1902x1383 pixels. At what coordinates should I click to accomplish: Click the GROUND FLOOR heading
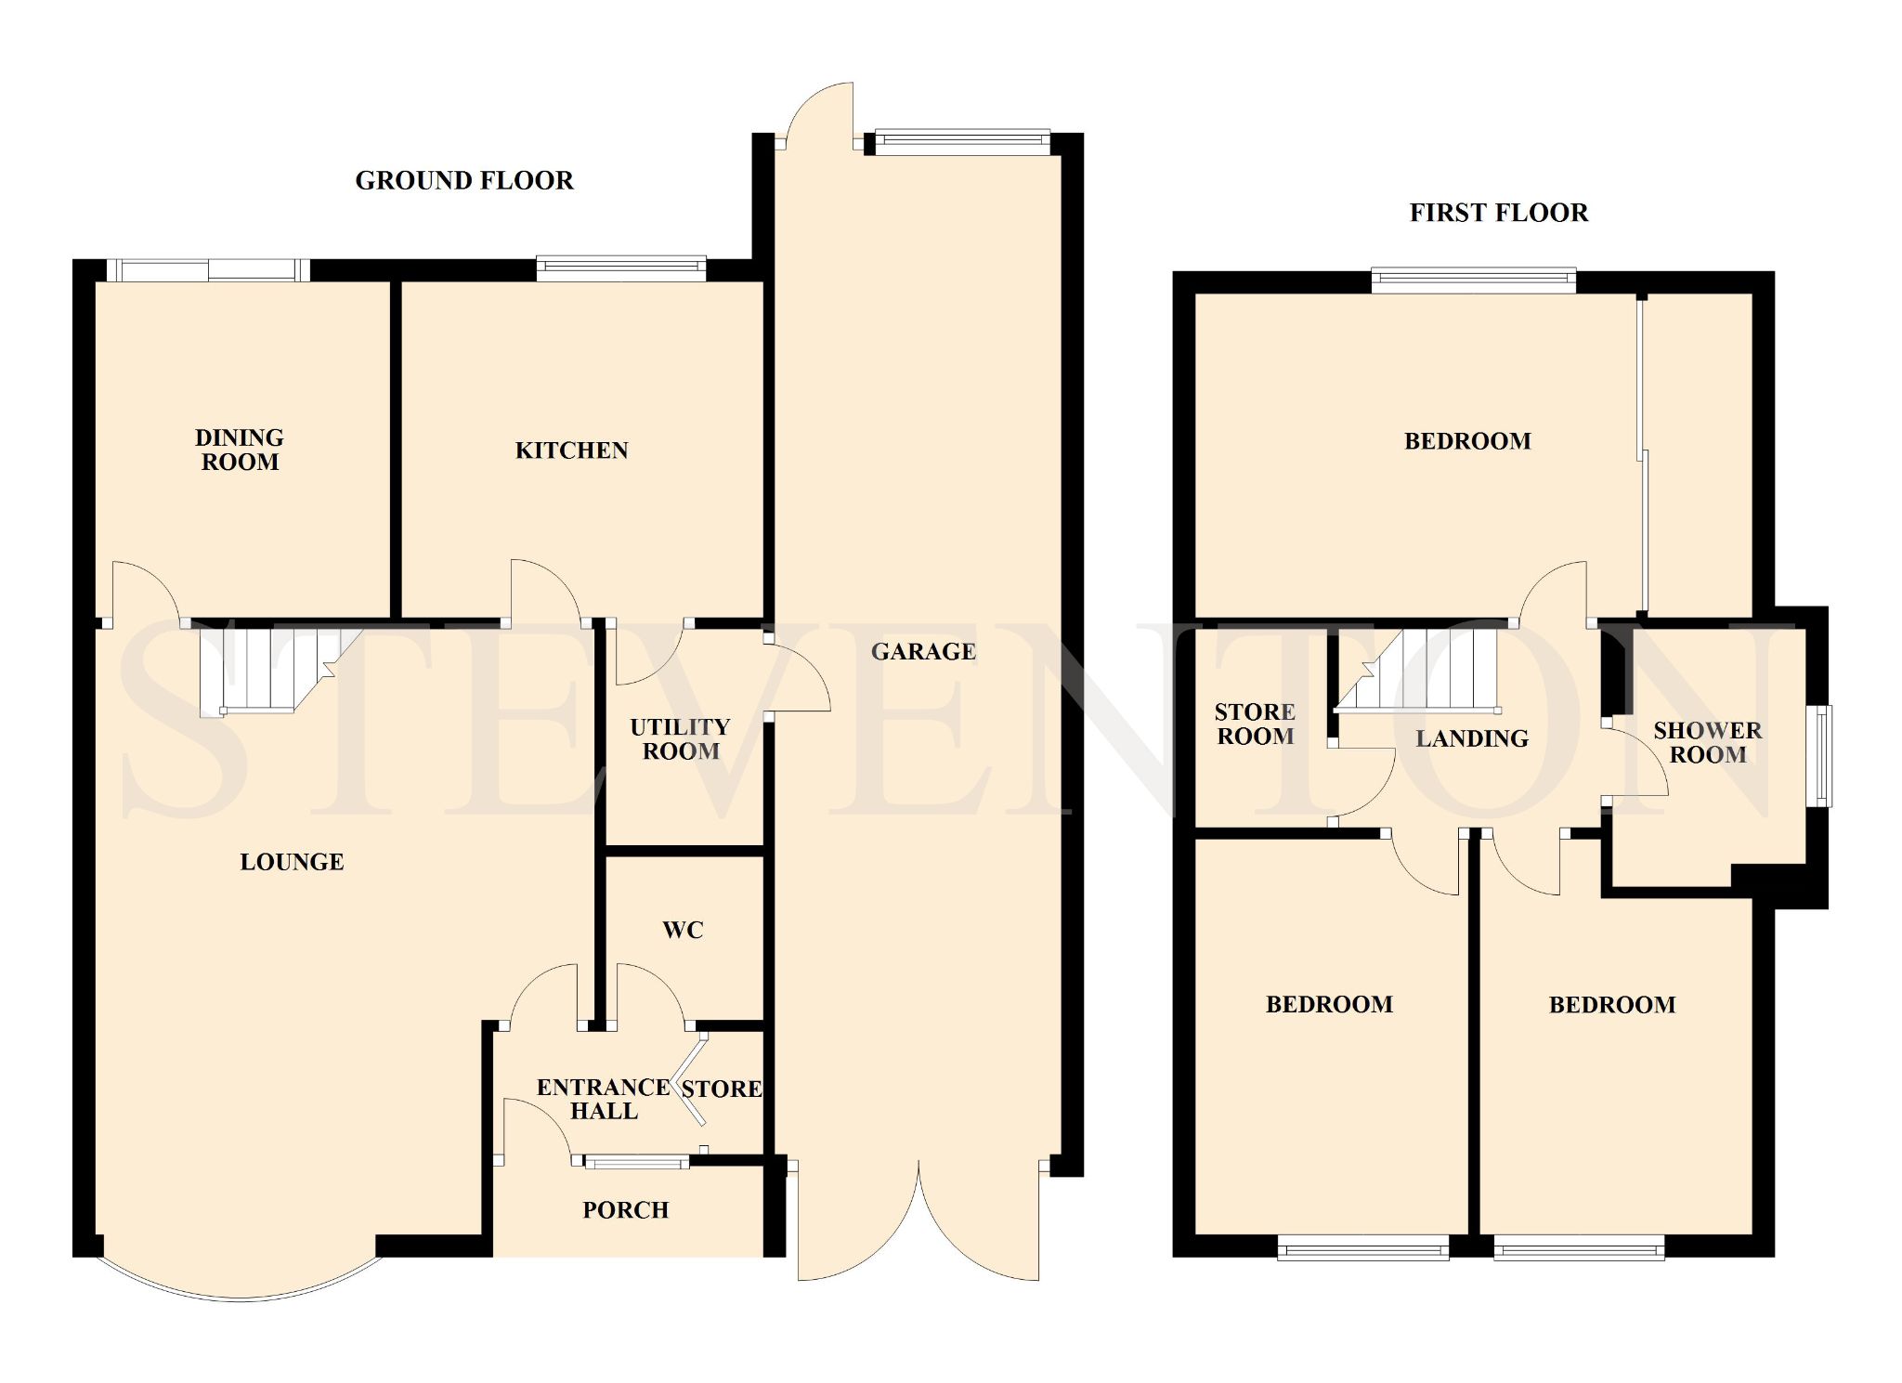464,180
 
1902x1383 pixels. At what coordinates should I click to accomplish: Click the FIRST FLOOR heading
1499,213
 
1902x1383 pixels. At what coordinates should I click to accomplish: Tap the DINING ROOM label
240,450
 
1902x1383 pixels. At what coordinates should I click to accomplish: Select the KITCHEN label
572,450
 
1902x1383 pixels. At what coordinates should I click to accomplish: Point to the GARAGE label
923,651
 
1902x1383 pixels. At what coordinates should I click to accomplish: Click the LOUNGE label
292,862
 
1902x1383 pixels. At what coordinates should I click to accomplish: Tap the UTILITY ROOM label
681,739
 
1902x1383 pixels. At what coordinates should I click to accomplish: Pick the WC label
684,930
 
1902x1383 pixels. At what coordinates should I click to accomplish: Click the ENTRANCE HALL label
604,1099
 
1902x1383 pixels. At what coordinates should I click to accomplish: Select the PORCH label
626,1210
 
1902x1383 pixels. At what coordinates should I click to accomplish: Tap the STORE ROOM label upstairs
1255,724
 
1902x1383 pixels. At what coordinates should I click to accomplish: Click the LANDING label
1472,738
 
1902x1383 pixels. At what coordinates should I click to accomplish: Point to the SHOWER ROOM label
1708,742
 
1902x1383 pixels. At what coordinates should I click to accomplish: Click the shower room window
1824,756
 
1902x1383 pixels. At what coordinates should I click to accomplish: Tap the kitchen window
621,268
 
